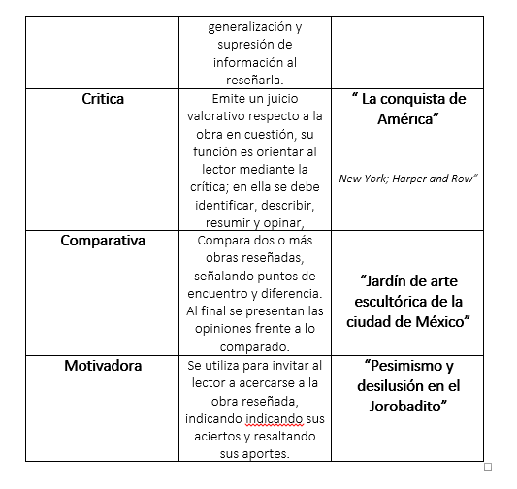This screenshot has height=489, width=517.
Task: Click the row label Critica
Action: click(102, 99)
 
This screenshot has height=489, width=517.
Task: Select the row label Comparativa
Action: click(102, 240)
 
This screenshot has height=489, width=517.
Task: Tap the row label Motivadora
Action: click(102, 366)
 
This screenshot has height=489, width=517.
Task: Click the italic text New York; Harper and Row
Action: click(408, 178)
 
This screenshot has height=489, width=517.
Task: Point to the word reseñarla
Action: click(254, 80)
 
